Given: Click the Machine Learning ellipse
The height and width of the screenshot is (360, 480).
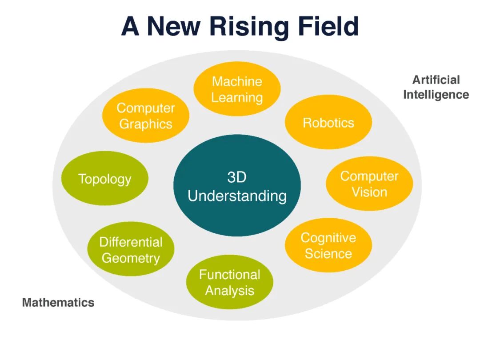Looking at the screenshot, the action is (237, 89).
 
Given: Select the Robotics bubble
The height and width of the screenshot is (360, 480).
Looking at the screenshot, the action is (328, 123).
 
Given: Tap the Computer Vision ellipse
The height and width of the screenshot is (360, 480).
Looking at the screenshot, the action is (369, 184).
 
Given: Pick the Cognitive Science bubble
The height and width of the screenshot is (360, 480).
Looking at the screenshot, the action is (328, 245).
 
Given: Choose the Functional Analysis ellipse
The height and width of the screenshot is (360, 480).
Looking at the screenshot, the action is (229, 283).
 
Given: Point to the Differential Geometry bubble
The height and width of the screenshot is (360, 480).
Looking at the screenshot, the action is (131, 250).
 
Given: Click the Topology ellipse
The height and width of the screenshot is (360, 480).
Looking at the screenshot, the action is (104, 179).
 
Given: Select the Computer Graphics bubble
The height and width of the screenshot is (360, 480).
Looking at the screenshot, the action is (146, 116).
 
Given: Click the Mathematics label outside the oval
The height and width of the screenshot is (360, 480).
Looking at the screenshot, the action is (58, 303).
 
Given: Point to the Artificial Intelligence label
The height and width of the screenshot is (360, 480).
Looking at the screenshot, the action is (436, 87).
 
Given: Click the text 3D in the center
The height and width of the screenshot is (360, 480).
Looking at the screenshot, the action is (237, 177).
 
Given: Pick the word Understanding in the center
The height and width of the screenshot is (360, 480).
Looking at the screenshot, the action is (237, 196).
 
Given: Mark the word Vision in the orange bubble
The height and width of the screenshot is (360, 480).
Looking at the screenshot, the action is (369, 192).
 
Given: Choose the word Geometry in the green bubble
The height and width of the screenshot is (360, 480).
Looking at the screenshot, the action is (131, 258).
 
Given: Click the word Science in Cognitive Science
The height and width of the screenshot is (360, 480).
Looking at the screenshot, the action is (328, 254).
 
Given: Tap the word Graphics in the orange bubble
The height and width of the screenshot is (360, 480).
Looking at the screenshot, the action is (146, 124).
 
